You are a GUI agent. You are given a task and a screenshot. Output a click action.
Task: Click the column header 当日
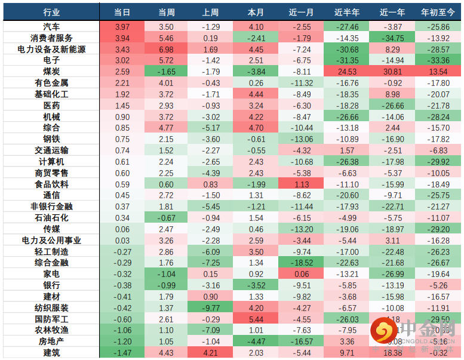tap(122, 12)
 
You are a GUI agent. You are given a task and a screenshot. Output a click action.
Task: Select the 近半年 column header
tap(346, 12)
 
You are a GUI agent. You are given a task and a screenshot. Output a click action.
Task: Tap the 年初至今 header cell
tap(437, 12)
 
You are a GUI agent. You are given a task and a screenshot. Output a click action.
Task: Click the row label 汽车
tap(51, 27)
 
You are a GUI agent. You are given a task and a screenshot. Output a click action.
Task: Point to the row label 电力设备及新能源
tap(51, 49)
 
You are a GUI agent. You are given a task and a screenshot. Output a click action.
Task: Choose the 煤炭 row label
tap(51, 72)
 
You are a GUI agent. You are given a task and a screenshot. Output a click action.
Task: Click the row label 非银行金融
tap(51, 207)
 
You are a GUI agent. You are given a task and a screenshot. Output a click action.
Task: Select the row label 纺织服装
tap(51, 308)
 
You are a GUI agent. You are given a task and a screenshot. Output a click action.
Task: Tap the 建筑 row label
tap(51, 353)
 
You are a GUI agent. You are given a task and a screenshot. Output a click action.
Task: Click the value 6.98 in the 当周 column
tap(166, 49)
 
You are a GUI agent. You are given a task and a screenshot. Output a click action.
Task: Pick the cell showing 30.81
tap(391, 72)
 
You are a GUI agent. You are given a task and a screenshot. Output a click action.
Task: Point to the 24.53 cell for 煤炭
tap(346, 72)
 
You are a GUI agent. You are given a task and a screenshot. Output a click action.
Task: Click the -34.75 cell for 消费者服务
tap(391, 38)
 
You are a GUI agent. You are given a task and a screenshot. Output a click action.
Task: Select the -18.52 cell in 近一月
tap(301, 263)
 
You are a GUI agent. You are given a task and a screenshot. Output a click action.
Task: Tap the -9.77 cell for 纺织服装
tap(211, 308)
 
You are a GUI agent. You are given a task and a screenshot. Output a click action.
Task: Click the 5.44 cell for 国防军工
tap(256, 319)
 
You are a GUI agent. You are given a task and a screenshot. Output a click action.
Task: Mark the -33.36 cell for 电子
tap(437, 60)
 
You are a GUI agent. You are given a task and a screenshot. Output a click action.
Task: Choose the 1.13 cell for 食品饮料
tap(301, 184)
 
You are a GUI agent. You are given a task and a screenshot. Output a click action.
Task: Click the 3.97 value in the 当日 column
tap(122, 27)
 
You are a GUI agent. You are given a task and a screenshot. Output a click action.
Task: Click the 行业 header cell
tap(51, 12)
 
